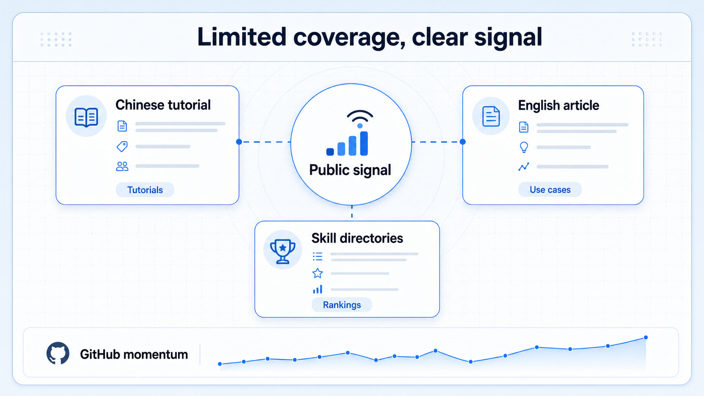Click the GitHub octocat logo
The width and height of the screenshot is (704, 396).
tap(58, 353)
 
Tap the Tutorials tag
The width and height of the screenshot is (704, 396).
tap(145, 190)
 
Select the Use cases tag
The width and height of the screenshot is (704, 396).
tap(550, 189)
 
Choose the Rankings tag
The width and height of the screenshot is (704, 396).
tap(341, 305)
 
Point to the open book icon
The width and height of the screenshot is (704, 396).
tap(86, 117)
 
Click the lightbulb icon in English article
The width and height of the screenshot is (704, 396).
tap(524, 147)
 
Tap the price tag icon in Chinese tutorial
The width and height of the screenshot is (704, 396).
tap(122, 146)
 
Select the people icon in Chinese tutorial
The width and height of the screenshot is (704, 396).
tap(122, 166)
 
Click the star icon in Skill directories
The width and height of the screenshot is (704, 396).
tap(317, 273)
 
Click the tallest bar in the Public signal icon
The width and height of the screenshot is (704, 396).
tap(364, 143)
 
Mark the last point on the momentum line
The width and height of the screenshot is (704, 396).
tap(645, 337)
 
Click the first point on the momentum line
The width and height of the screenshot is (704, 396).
tap(220, 364)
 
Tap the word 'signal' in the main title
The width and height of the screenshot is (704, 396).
tap(508, 37)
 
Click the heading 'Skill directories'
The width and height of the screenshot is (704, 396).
tap(357, 238)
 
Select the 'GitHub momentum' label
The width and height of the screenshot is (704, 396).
tap(134, 354)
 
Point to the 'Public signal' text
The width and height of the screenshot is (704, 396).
tap(350, 170)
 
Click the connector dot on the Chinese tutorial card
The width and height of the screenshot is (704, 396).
tap(239, 142)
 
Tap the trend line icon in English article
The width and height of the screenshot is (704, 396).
tap(524, 167)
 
